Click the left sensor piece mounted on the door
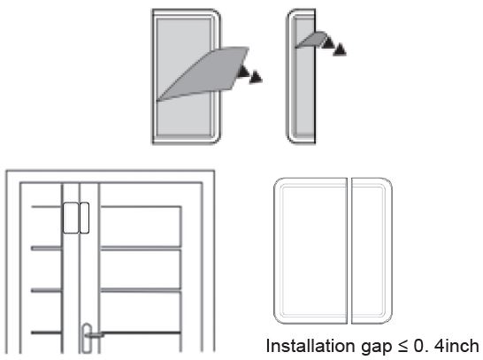pos(70,218)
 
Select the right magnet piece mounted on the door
pos(83,218)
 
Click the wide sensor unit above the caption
pos(310,251)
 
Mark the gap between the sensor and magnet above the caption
pos(349,251)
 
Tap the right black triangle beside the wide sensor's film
pos(256,77)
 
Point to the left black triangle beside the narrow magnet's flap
pos(328,41)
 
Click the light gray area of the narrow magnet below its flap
pos(301,97)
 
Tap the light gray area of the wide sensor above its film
pos(181,44)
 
